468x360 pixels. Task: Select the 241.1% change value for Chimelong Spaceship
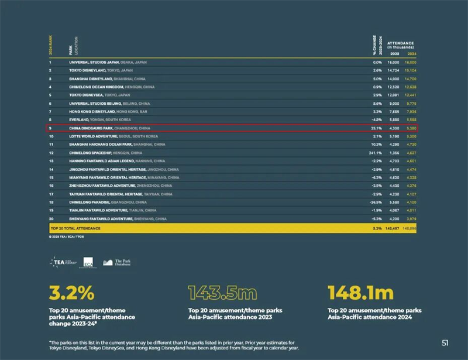tap(375, 153)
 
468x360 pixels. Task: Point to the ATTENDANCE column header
tap(401, 43)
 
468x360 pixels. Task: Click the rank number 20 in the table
tap(51, 219)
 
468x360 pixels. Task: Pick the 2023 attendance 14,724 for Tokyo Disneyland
tap(393, 70)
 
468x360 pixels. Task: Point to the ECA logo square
tap(88, 263)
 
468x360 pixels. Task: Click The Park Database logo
tap(117, 263)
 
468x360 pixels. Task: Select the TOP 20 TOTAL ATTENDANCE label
tap(75, 228)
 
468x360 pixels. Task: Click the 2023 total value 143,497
tap(391, 228)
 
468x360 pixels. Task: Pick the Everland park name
tap(80, 119)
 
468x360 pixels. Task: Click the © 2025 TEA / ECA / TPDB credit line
tap(67, 238)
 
